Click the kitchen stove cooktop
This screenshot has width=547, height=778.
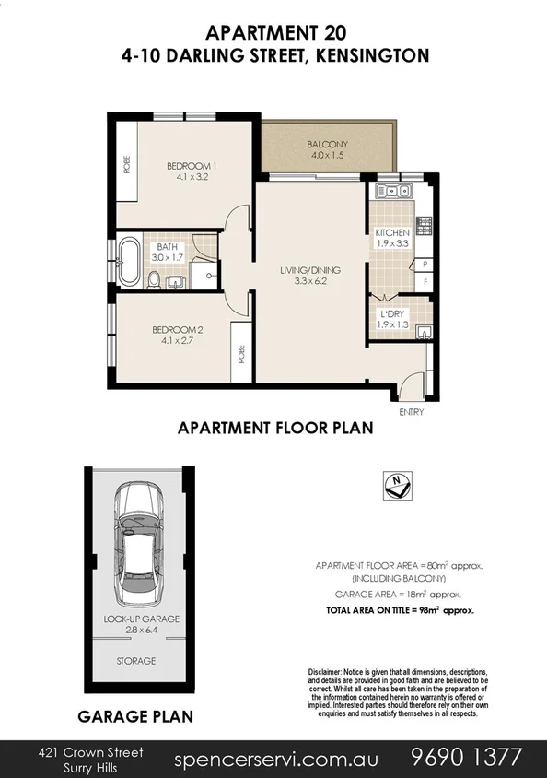425,223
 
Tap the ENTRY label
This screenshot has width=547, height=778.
411,412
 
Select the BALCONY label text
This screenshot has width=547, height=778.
329,145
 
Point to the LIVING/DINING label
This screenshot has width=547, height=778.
310,270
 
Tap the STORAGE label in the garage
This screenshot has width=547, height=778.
135,661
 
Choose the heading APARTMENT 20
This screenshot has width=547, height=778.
274,33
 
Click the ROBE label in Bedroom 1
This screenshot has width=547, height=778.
126,165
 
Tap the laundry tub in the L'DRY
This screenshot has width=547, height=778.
423,333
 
